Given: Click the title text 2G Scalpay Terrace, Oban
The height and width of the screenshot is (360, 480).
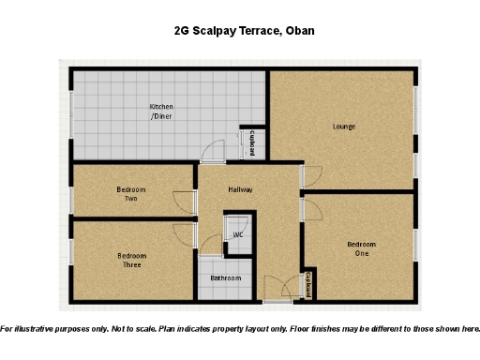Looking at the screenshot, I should click(x=244, y=31).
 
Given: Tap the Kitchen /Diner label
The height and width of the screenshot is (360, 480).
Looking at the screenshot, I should click(x=161, y=112).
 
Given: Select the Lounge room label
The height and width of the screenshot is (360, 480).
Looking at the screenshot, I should click(x=344, y=126).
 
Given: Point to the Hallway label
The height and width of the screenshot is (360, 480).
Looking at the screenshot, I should click(x=241, y=189).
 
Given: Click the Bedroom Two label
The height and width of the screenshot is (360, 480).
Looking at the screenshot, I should click(x=131, y=194).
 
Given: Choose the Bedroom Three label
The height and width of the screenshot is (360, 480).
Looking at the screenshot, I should click(x=131, y=261).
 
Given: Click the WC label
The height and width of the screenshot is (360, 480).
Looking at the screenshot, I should click(x=238, y=234).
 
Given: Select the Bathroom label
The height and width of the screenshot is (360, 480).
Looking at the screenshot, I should click(x=226, y=278).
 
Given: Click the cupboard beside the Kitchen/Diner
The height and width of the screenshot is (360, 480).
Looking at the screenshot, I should click(x=253, y=142).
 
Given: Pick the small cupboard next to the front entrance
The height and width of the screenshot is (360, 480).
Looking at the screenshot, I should click(x=308, y=284).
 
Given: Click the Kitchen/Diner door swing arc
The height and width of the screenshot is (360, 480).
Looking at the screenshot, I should click(x=216, y=150).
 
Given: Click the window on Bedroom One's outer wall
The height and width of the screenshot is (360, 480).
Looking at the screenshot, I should click(x=414, y=246).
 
